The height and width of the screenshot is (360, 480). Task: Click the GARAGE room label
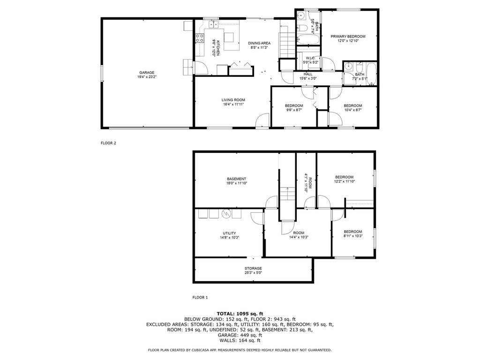(147, 73)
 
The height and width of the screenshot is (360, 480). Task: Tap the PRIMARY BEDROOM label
(348, 37)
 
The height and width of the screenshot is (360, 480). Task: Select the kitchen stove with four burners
(200, 38)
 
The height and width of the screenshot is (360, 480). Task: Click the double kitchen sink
(213, 24)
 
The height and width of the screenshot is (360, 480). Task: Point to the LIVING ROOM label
(233, 100)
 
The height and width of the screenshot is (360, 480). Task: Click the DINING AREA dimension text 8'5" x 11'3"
(259, 48)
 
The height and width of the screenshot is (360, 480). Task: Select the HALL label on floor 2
(308, 74)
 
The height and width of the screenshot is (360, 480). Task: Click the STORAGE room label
(253, 269)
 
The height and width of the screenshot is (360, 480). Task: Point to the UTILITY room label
(229, 233)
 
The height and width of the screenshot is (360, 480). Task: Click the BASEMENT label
(236, 179)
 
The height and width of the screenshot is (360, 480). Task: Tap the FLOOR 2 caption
(108, 143)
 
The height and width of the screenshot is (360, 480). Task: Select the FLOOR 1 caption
(200, 297)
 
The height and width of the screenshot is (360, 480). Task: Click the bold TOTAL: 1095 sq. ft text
(240, 314)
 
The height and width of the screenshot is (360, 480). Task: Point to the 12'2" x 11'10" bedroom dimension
(345, 181)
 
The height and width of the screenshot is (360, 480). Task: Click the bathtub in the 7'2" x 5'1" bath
(371, 74)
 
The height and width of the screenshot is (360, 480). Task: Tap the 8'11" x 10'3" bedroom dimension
(353, 236)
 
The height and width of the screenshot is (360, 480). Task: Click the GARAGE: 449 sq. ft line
(240, 335)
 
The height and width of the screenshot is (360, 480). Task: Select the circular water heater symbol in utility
(226, 213)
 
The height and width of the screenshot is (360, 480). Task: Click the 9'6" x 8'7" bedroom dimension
(294, 110)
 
